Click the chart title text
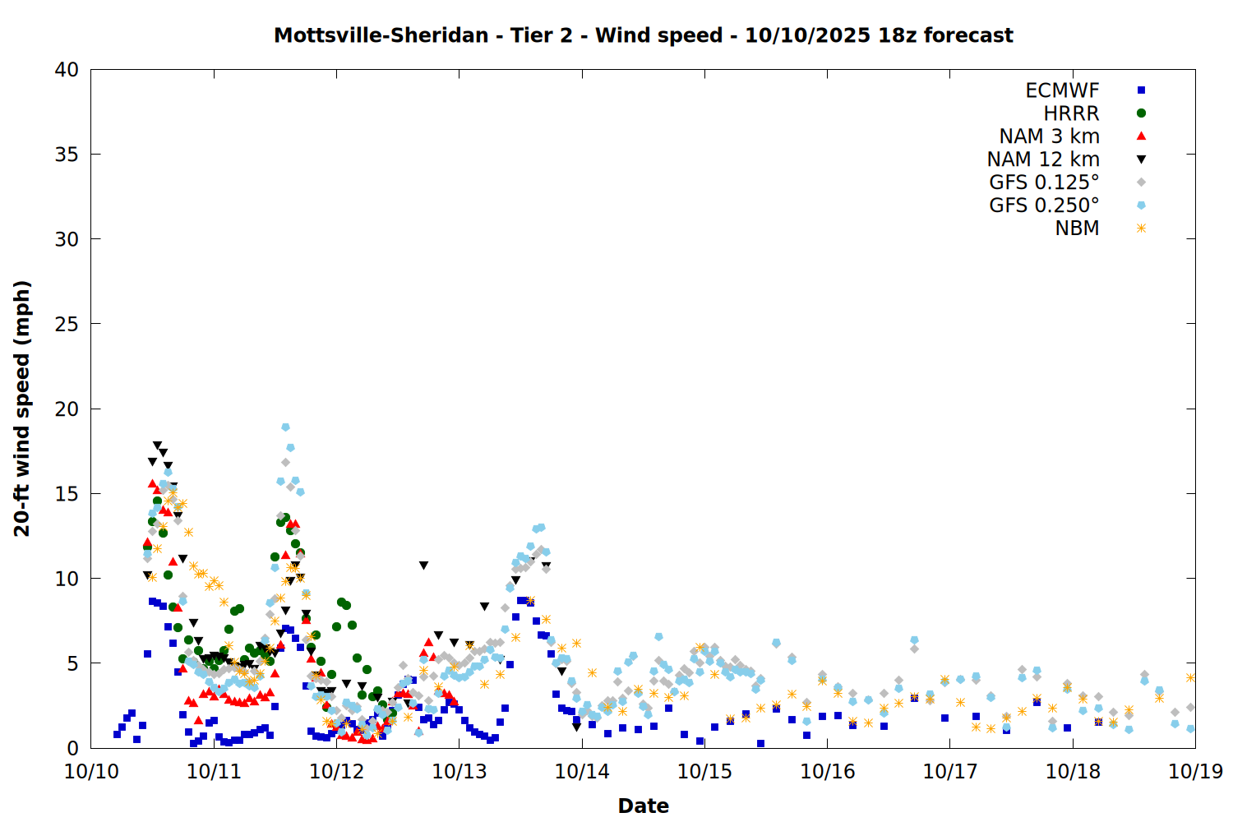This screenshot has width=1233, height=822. pos(643,35)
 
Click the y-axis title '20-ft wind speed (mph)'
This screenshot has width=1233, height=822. pos(22,409)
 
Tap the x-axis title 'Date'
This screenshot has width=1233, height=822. pos(643,806)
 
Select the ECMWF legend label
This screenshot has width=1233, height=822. pos(1062,90)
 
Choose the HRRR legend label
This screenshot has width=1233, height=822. pos(1071,113)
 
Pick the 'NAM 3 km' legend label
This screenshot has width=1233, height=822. pos(1049,136)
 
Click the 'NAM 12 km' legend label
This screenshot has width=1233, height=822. pos(1043,159)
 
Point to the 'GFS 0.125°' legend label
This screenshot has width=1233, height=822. pos(1044,182)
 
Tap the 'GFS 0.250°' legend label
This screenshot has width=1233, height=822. pos(1044,205)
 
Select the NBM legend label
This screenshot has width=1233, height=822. pos(1077,229)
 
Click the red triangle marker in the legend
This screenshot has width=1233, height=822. pos(1141,136)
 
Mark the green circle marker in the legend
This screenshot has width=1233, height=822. pos(1141,113)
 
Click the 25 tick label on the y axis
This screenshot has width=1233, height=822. pos(67,324)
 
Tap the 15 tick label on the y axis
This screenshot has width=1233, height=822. pos(67,494)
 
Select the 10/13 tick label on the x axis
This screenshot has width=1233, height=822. pos(459,771)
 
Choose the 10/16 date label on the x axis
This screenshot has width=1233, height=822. pos(827,771)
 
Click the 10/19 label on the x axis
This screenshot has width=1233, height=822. pos(1195,771)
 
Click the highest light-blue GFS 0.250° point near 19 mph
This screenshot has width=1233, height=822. pos(285,427)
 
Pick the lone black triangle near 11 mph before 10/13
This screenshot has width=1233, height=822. pos(423,566)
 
